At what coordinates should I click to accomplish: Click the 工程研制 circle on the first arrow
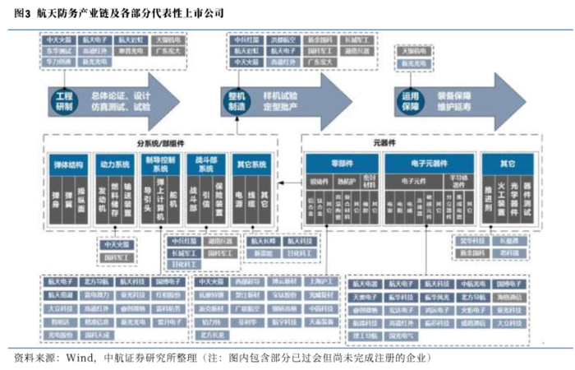pos(63,101)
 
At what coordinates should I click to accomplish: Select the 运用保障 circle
pos(411,100)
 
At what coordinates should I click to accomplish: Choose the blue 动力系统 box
pos(113,164)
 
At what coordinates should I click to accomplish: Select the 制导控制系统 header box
pos(160,164)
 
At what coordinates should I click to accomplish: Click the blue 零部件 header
pos(338,163)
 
